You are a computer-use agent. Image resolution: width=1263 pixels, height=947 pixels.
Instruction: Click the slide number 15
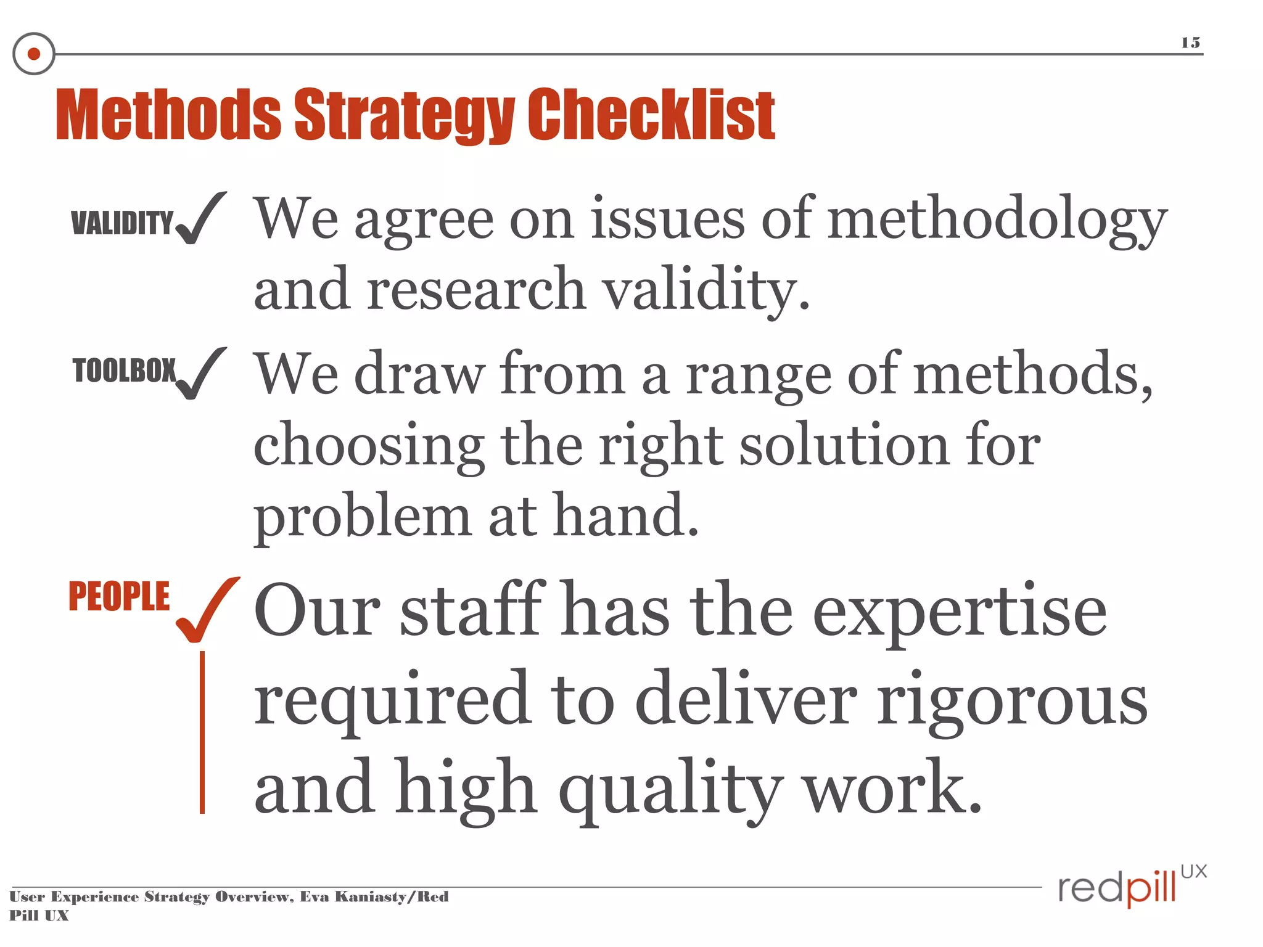1190,43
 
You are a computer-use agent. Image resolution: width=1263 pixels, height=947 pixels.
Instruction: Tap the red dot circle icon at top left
34,54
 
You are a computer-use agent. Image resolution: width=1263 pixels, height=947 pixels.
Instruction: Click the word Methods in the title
168,115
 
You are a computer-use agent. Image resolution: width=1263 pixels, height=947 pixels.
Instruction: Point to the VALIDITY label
122,223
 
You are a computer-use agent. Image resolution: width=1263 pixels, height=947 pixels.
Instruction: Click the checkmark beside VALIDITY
200,218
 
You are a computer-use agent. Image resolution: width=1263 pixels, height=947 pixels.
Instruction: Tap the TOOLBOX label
124,371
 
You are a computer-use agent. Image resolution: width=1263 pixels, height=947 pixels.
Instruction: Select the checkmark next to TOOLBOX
200,374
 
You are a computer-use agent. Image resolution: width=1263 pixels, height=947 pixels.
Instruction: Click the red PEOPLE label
119,596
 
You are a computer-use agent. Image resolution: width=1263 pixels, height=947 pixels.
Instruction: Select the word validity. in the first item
705,291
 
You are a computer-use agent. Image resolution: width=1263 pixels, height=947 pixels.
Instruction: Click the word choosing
369,448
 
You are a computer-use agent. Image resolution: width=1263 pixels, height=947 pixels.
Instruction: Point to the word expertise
960,612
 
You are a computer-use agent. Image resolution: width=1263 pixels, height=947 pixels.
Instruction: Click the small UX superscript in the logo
1193,872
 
